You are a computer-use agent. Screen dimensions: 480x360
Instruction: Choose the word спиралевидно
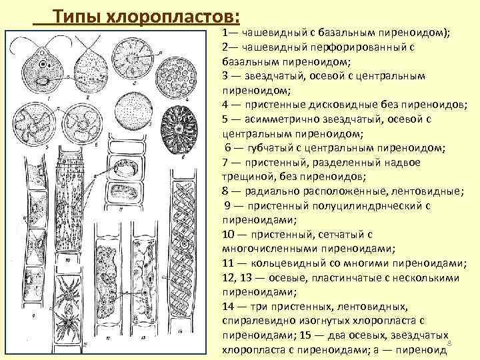(256, 321)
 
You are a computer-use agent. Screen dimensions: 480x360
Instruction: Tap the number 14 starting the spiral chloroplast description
(230, 307)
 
